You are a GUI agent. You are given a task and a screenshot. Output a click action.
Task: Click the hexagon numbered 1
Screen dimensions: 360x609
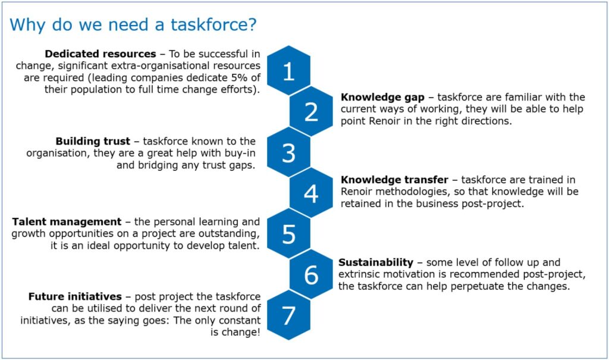tap(288, 71)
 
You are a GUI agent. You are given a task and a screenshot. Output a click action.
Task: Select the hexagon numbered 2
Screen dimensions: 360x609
tap(311, 111)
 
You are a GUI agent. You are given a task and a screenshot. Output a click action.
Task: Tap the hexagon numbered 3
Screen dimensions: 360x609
tap(288, 152)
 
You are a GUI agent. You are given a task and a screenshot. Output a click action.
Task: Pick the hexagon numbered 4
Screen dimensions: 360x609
tap(311, 193)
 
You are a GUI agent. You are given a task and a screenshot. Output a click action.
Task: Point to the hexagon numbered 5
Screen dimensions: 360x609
tap(288, 234)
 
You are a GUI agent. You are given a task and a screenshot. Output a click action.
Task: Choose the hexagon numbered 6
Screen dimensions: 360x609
tap(311, 274)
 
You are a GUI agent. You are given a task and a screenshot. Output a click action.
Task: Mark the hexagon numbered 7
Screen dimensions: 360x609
tap(288, 315)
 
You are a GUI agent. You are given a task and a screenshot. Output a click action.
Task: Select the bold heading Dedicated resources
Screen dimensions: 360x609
tap(100, 54)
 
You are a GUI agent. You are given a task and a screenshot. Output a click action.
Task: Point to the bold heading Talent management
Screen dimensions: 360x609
tap(67, 222)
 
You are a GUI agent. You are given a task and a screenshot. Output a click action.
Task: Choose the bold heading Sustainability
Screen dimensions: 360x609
tap(376, 262)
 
